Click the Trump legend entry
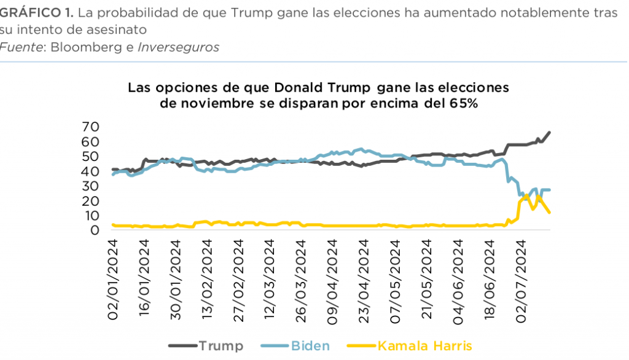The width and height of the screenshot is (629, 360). [x=221, y=346]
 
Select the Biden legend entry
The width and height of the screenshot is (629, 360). [x=310, y=346]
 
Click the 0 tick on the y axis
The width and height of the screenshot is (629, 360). [x=95, y=230]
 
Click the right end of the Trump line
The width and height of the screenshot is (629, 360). [x=549, y=132]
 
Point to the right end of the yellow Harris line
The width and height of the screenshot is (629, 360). [x=550, y=213]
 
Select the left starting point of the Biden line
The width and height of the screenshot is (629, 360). [x=112, y=174]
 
